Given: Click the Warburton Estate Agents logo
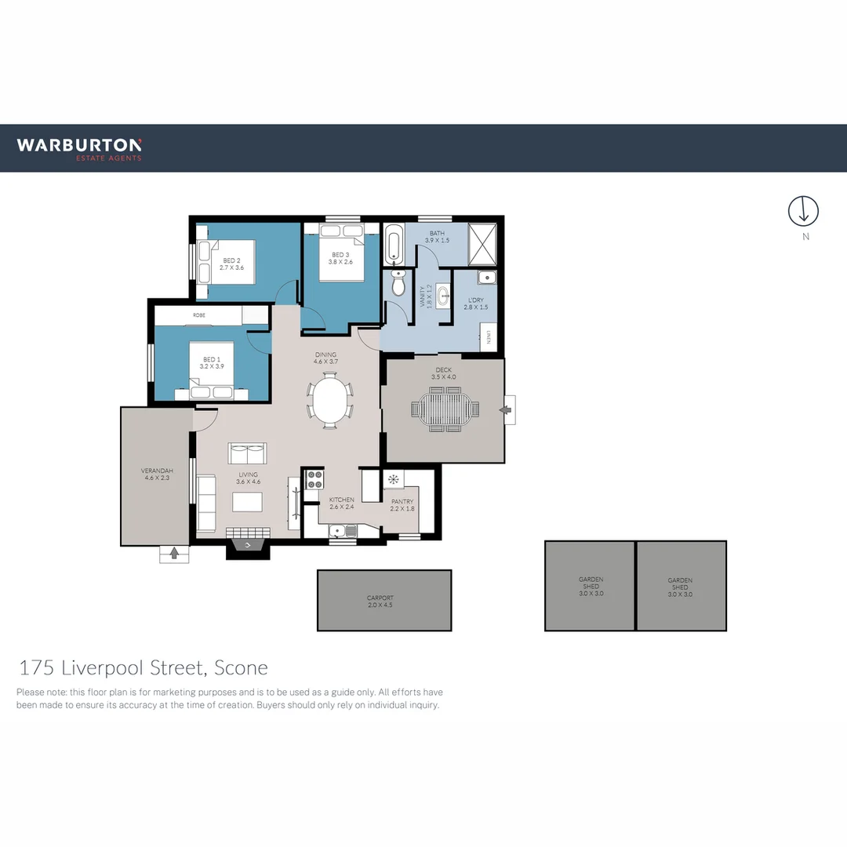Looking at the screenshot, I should click(79, 148).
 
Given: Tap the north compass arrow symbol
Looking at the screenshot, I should click(803, 210).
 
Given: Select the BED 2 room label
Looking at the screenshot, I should click(231, 264).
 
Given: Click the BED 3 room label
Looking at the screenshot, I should click(340, 258).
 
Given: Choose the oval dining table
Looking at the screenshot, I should click(330, 400).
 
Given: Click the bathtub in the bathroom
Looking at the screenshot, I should click(394, 244).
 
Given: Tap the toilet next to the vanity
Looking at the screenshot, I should click(398, 284).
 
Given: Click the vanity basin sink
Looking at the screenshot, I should click(443, 296).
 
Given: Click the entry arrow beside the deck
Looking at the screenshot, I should click(507, 409).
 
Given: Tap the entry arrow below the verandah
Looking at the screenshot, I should click(174, 554).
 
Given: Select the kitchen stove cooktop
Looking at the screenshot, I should click(314, 478).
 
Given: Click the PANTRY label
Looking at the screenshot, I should click(402, 504).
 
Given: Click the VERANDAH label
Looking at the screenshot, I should click(157, 474).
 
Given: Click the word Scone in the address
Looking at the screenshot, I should click(241, 668).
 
